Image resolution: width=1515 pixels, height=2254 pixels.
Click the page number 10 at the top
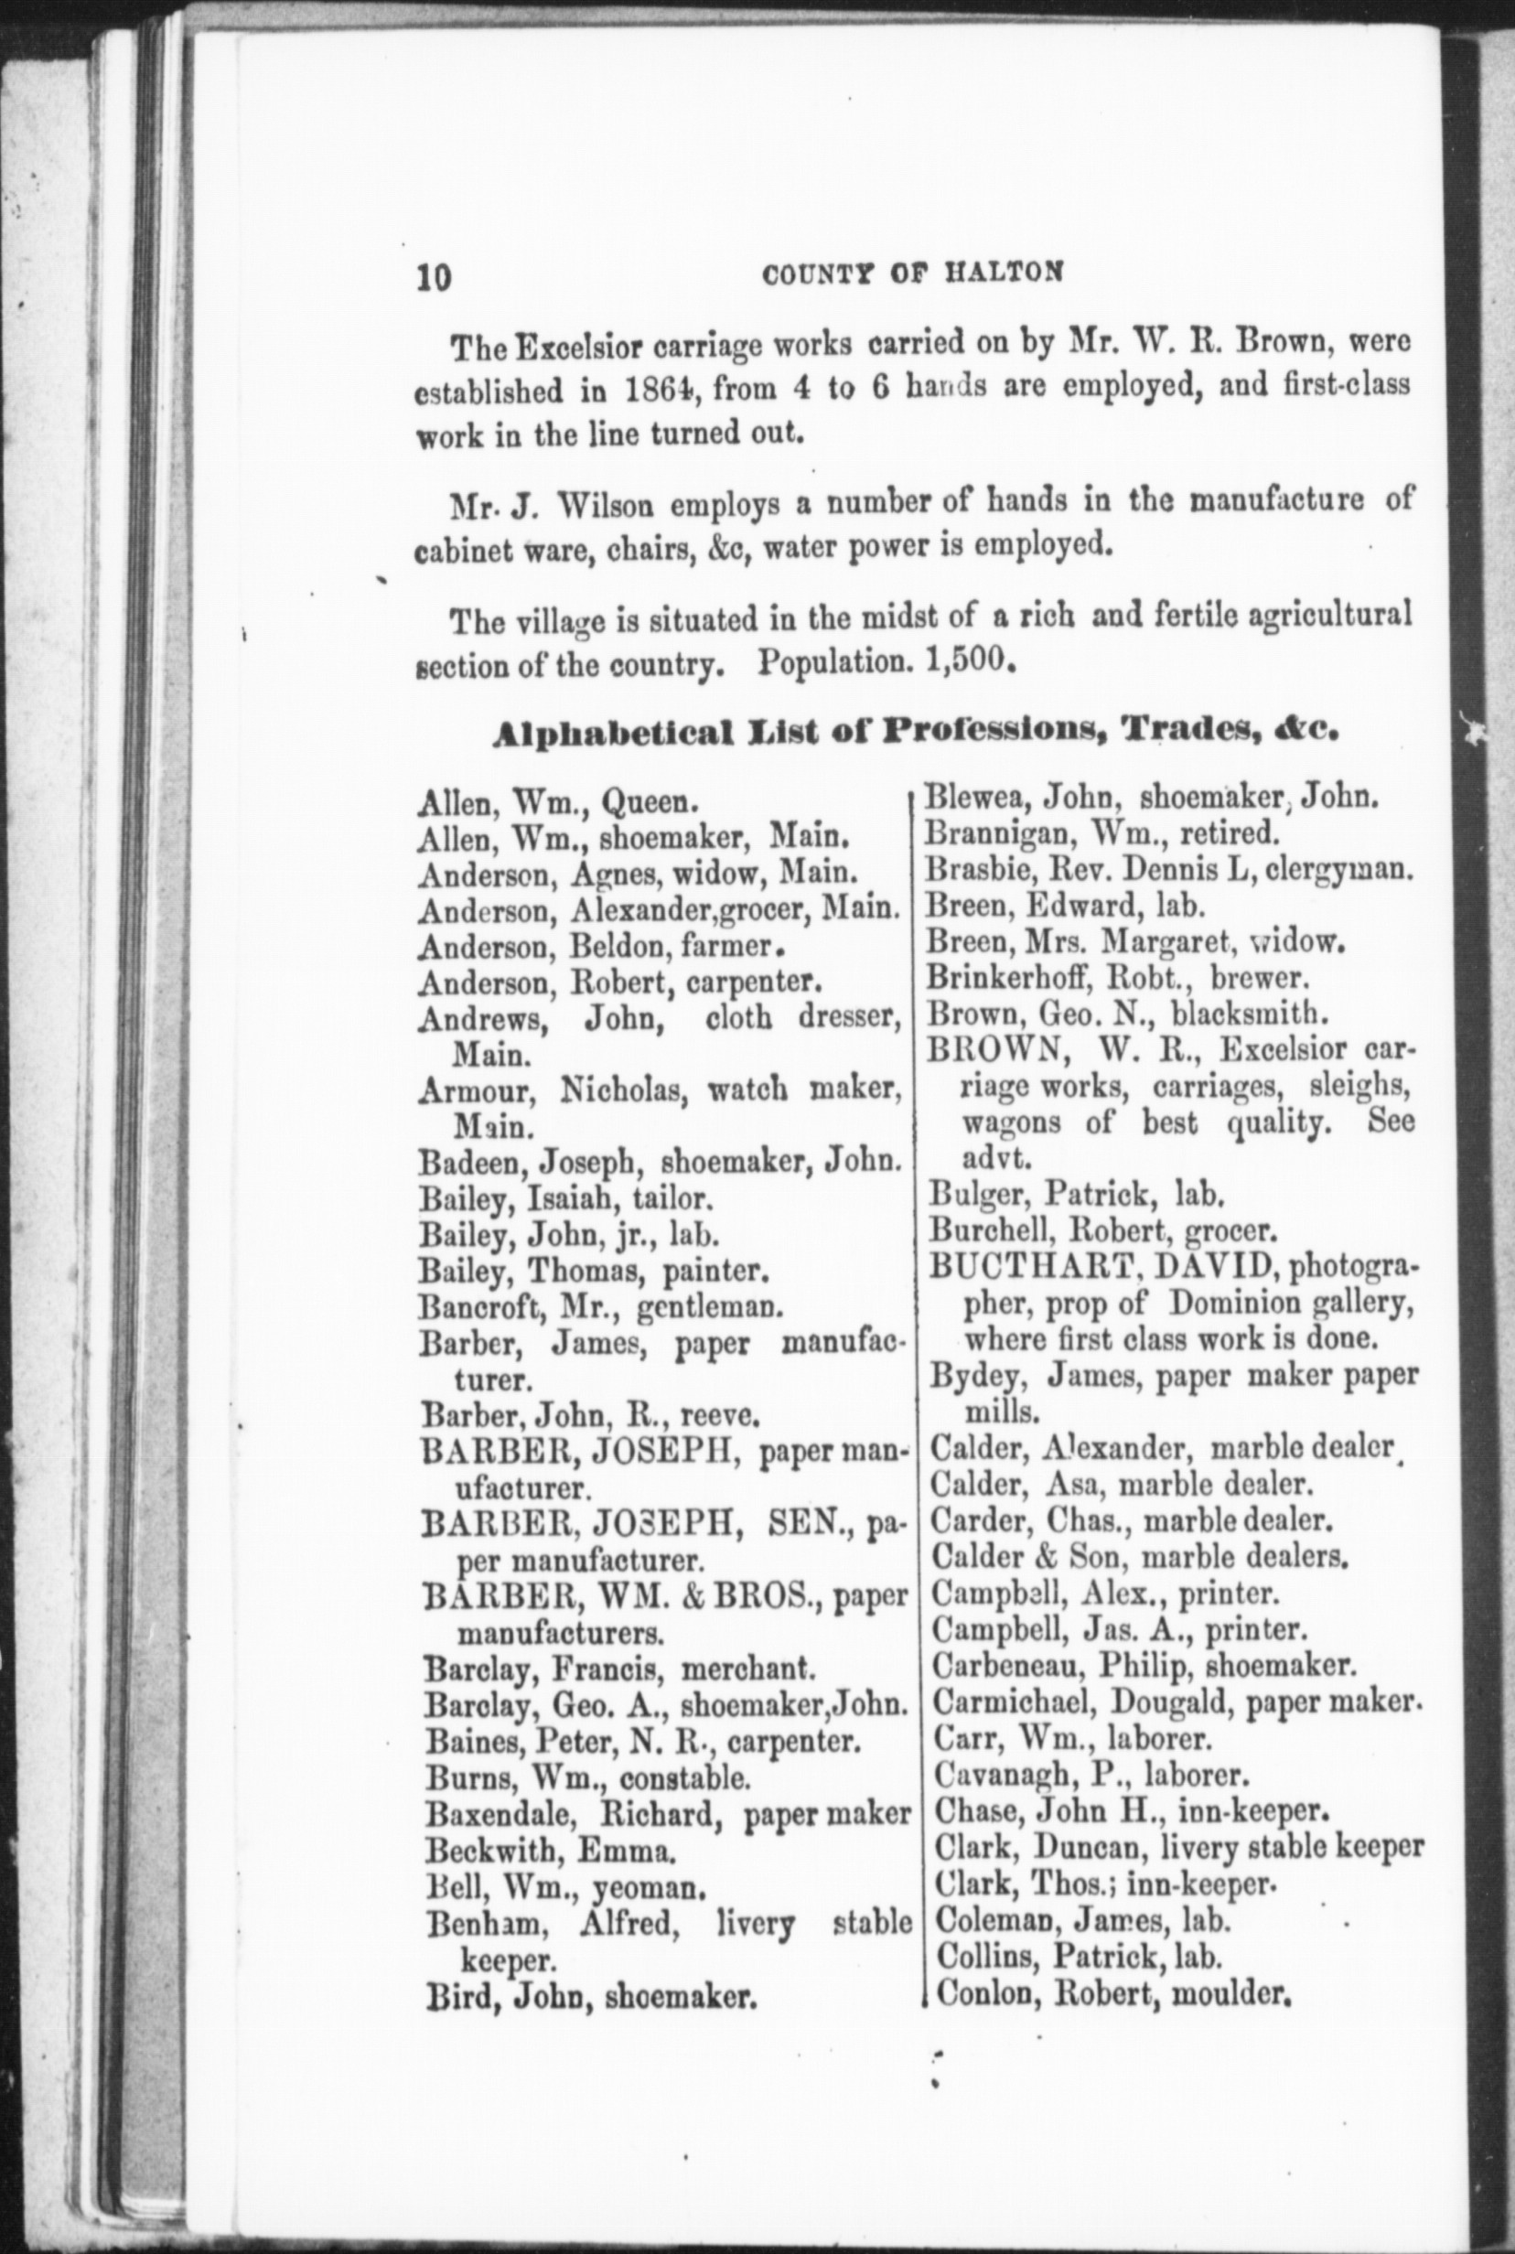click(434, 277)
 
